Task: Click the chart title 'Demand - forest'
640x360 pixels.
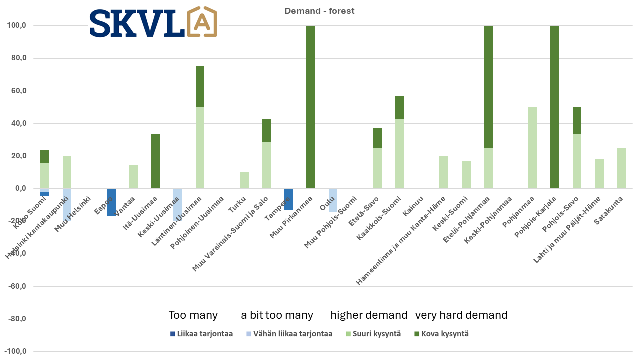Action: [x=319, y=11]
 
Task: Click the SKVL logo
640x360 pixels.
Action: [x=153, y=23]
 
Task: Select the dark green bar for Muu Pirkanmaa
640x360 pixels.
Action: [x=310, y=107]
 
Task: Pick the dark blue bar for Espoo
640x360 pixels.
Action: [x=111, y=202]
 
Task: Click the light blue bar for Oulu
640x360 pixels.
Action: [x=333, y=200]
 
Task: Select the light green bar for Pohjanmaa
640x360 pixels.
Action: [x=532, y=148]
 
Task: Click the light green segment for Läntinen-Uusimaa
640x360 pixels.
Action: [x=200, y=148]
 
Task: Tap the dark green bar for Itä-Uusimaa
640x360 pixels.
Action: [x=156, y=161]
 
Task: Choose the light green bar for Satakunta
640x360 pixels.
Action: [x=621, y=168]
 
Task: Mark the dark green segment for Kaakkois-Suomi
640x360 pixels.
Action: [x=399, y=107]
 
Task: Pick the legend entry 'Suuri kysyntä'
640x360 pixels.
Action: [x=377, y=334]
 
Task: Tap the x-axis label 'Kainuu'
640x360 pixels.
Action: [x=413, y=205]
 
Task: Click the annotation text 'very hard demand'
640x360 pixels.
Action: [x=461, y=315]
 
